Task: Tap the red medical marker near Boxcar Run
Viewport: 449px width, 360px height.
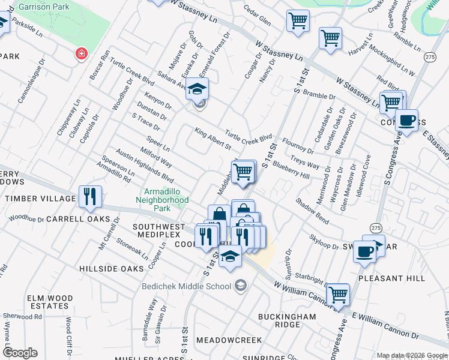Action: coord(80,55)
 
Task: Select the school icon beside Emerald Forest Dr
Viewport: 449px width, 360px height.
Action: coord(196,89)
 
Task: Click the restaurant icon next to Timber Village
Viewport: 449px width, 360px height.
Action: coord(90,196)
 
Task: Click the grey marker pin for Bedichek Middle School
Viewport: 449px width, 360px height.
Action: coord(241,284)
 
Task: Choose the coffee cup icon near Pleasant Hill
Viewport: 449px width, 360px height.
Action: coord(365,252)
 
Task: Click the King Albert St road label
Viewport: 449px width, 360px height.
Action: coord(212,138)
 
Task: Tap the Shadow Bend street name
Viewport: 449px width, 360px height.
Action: coord(312,211)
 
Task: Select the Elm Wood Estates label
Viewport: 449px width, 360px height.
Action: coord(49,302)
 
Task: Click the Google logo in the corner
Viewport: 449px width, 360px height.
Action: coord(20,353)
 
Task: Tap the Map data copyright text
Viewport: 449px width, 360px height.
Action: coord(411,355)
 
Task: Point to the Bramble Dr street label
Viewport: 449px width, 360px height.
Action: coord(319,95)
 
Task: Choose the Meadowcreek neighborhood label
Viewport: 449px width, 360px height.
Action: coord(235,340)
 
